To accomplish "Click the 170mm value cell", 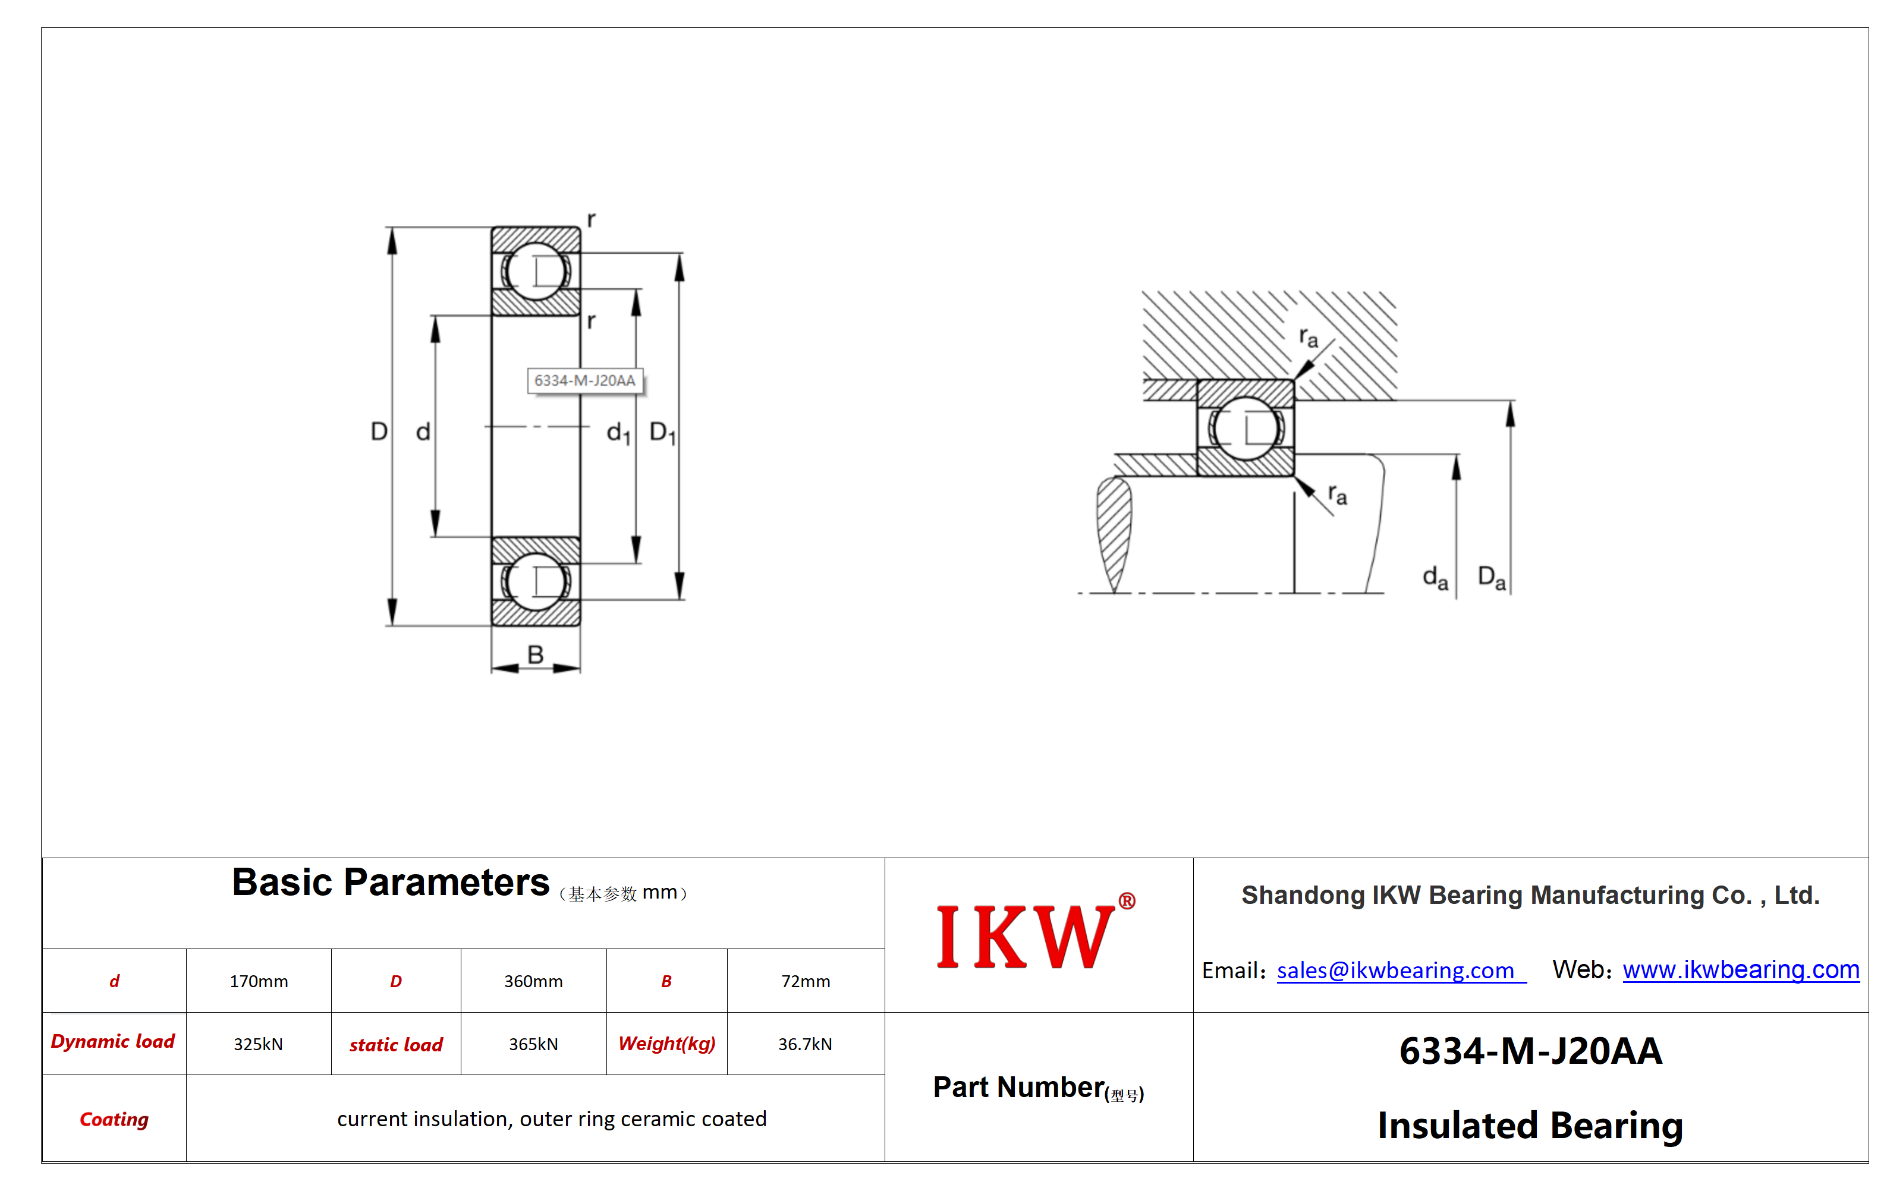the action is pyautogui.click(x=259, y=981).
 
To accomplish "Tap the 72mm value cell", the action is pyautogui.click(x=806, y=981).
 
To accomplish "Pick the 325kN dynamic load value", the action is pyautogui.click(x=258, y=1044).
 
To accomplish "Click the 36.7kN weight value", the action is pyautogui.click(x=805, y=1044).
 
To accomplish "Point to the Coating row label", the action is pyautogui.click(x=114, y=1119).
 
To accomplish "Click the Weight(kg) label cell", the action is pyautogui.click(x=667, y=1044).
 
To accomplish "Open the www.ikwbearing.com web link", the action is pyautogui.click(x=1741, y=970).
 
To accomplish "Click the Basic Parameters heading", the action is pyautogui.click(x=390, y=883).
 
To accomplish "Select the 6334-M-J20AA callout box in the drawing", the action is pyautogui.click(x=584, y=381).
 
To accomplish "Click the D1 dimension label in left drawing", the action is pyautogui.click(x=663, y=433).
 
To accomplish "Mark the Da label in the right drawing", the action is pyautogui.click(x=1491, y=578).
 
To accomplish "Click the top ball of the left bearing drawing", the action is pyautogui.click(x=536, y=271).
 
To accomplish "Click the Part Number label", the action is pyautogui.click(x=1019, y=1088).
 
